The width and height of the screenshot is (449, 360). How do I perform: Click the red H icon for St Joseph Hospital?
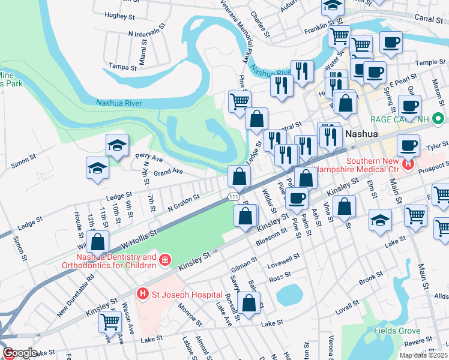pos(143,294)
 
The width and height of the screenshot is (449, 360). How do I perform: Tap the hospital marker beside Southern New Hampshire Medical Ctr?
pos(409,163)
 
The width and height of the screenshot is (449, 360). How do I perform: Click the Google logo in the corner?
pos(19,353)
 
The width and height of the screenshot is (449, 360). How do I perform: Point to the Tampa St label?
pos(122,67)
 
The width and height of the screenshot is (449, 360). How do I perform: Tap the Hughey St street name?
pos(118,15)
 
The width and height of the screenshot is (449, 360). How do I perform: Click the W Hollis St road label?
pos(139,238)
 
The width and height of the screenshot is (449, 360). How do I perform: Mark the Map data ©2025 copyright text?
pos(423,355)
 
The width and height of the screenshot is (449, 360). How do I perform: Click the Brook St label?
pos(367,281)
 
